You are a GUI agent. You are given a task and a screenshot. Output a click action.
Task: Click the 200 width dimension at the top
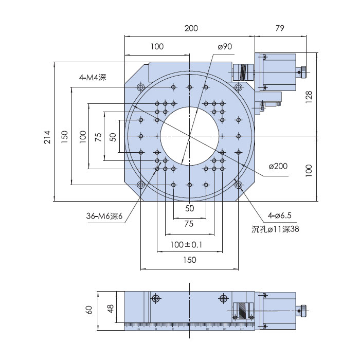(191, 28)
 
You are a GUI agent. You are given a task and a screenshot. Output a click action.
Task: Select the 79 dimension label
(280, 28)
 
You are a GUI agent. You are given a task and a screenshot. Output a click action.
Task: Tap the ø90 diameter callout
(225, 47)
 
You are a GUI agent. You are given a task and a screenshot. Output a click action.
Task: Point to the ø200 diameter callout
(278, 166)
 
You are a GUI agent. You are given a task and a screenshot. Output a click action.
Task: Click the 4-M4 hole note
(93, 78)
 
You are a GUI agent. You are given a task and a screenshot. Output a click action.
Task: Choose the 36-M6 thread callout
(104, 216)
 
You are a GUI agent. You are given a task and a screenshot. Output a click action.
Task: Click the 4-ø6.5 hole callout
(279, 215)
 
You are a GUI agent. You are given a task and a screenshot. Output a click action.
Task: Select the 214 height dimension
(47, 137)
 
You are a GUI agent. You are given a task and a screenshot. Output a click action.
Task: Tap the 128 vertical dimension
(309, 97)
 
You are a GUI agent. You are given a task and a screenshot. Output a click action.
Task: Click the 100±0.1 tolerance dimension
(186, 244)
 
